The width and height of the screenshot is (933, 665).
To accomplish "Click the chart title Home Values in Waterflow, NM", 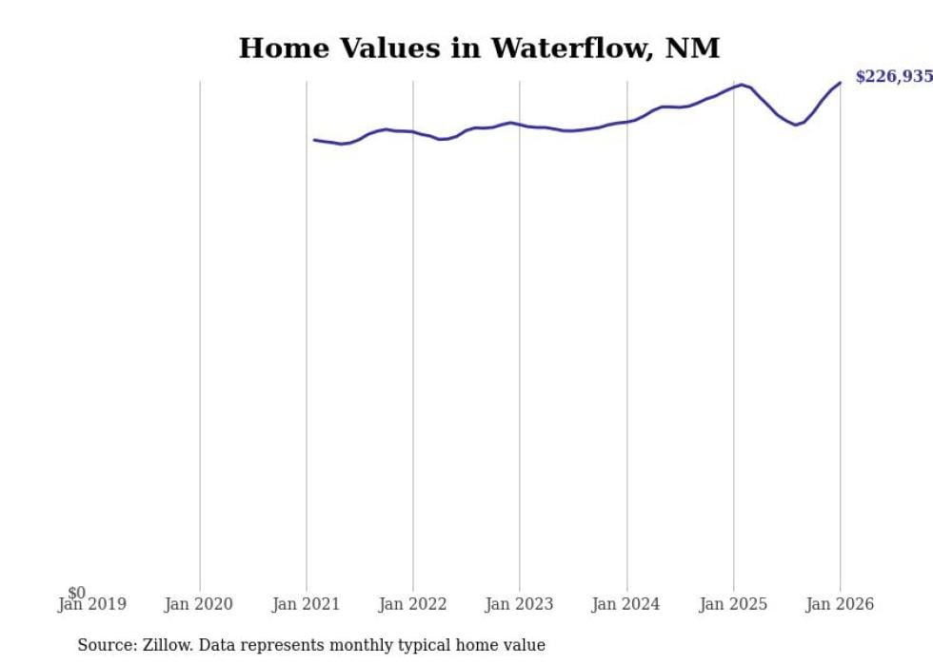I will pyautogui.click(x=479, y=49).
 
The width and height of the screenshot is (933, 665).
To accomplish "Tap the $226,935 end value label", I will pyautogui.click(x=893, y=77).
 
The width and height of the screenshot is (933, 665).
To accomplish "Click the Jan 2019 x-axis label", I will pyautogui.click(x=92, y=605).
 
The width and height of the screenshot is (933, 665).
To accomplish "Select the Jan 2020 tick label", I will pyautogui.click(x=198, y=605).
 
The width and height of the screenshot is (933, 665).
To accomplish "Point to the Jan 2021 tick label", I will pyautogui.click(x=306, y=605).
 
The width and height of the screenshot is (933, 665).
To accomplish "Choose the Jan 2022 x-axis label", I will pyautogui.click(x=412, y=605).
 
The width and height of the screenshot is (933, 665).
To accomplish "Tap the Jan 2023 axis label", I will pyautogui.click(x=519, y=605).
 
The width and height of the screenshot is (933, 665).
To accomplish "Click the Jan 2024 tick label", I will pyautogui.click(x=625, y=605).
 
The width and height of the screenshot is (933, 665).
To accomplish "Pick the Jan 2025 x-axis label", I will pyautogui.click(x=732, y=605).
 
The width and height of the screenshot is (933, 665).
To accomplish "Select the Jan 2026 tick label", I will pyautogui.click(x=839, y=605).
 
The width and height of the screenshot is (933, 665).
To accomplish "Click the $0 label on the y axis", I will pyautogui.click(x=76, y=594).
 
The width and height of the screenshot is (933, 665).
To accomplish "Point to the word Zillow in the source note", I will pyautogui.click(x=169, y=646).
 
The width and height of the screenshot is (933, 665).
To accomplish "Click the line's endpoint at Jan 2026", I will pyautogui.click(x=840, y=83).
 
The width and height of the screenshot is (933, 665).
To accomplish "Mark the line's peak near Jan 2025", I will pyautogui.click(x=742, y=85).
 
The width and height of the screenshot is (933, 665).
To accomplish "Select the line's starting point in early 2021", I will pyautogui.click(x=315, y=140).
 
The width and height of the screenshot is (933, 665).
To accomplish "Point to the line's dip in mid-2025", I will pyautogui.click(x=796, y=125).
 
